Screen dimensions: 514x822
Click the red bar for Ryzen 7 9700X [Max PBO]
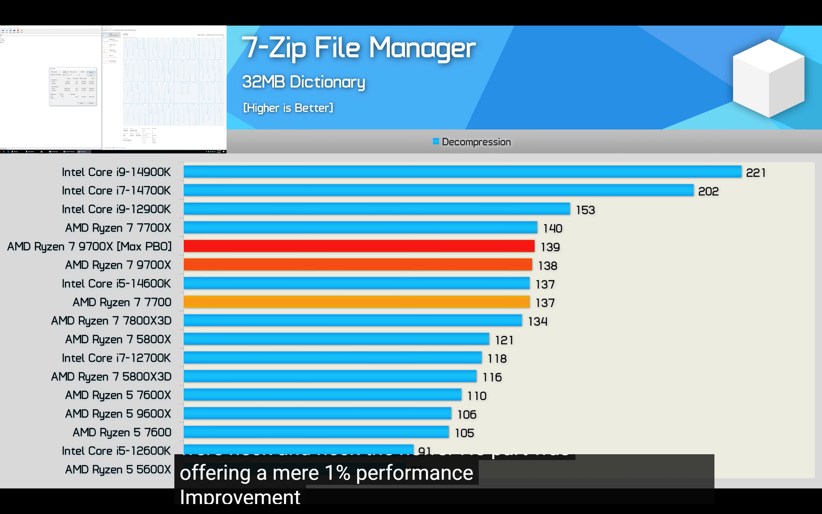click(359, 246)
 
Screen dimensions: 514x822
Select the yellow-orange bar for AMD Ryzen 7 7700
click(356, 302)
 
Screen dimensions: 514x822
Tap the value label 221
click(756, 173)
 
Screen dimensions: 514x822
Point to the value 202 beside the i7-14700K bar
click(708, 191)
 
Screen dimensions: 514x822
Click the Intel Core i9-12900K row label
click(116, 209)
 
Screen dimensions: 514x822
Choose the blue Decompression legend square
click(436, 141)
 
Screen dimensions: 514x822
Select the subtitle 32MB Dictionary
click(303, 82)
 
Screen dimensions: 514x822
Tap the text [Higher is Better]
click(288, 108)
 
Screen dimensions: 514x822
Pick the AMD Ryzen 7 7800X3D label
click(111, 321)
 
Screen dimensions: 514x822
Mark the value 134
click(538, 321)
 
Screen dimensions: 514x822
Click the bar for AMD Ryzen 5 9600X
click(317, 413)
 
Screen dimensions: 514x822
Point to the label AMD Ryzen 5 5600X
click(118, 469)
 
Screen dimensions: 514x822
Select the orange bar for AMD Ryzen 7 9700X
click(358, 264)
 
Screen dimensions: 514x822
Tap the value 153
click(585, 210)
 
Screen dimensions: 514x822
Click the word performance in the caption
click(415, 473)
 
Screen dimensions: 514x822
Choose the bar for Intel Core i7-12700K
click(332, 358)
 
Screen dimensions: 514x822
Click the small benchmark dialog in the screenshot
click(73, 86)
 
